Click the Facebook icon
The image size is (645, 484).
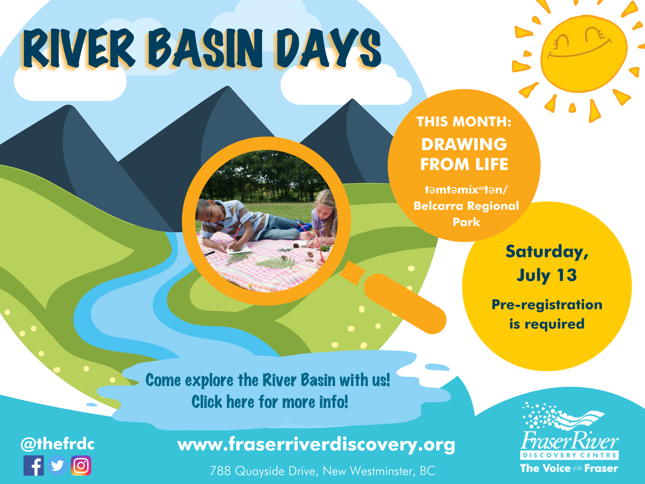34,465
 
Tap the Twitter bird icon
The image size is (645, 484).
57,465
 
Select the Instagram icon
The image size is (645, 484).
81,465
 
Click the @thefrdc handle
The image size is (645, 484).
57,444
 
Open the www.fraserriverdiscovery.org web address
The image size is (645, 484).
316,444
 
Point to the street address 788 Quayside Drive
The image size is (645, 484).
322,471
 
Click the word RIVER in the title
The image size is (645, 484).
79,48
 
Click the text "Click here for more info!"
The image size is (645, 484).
269,402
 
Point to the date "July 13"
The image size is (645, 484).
547,275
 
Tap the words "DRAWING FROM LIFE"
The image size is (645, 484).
464,154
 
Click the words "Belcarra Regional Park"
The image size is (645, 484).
466,213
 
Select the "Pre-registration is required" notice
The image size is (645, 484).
547,314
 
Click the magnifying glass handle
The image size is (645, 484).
405,303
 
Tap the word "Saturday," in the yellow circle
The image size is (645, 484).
547,252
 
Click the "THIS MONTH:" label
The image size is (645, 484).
464,122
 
